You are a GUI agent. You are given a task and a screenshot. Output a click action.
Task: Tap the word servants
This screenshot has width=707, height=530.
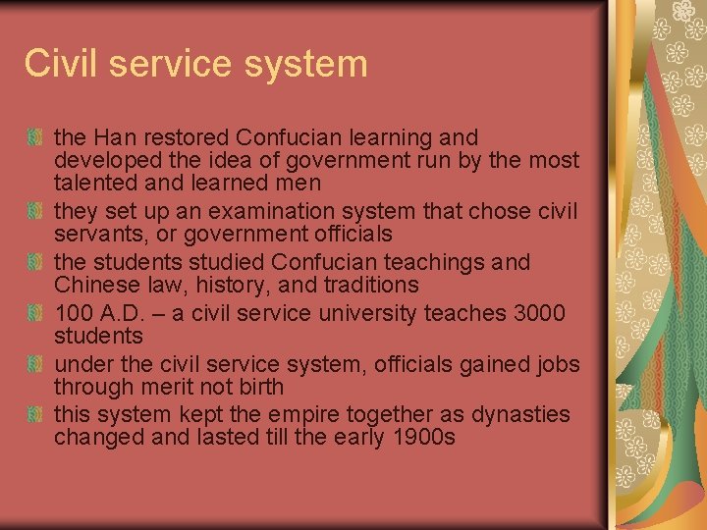point(96,235)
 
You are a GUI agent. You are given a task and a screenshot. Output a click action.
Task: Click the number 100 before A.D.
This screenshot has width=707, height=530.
point(73,313)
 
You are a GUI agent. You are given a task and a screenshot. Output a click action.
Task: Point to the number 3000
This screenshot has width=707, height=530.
point(540,313)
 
